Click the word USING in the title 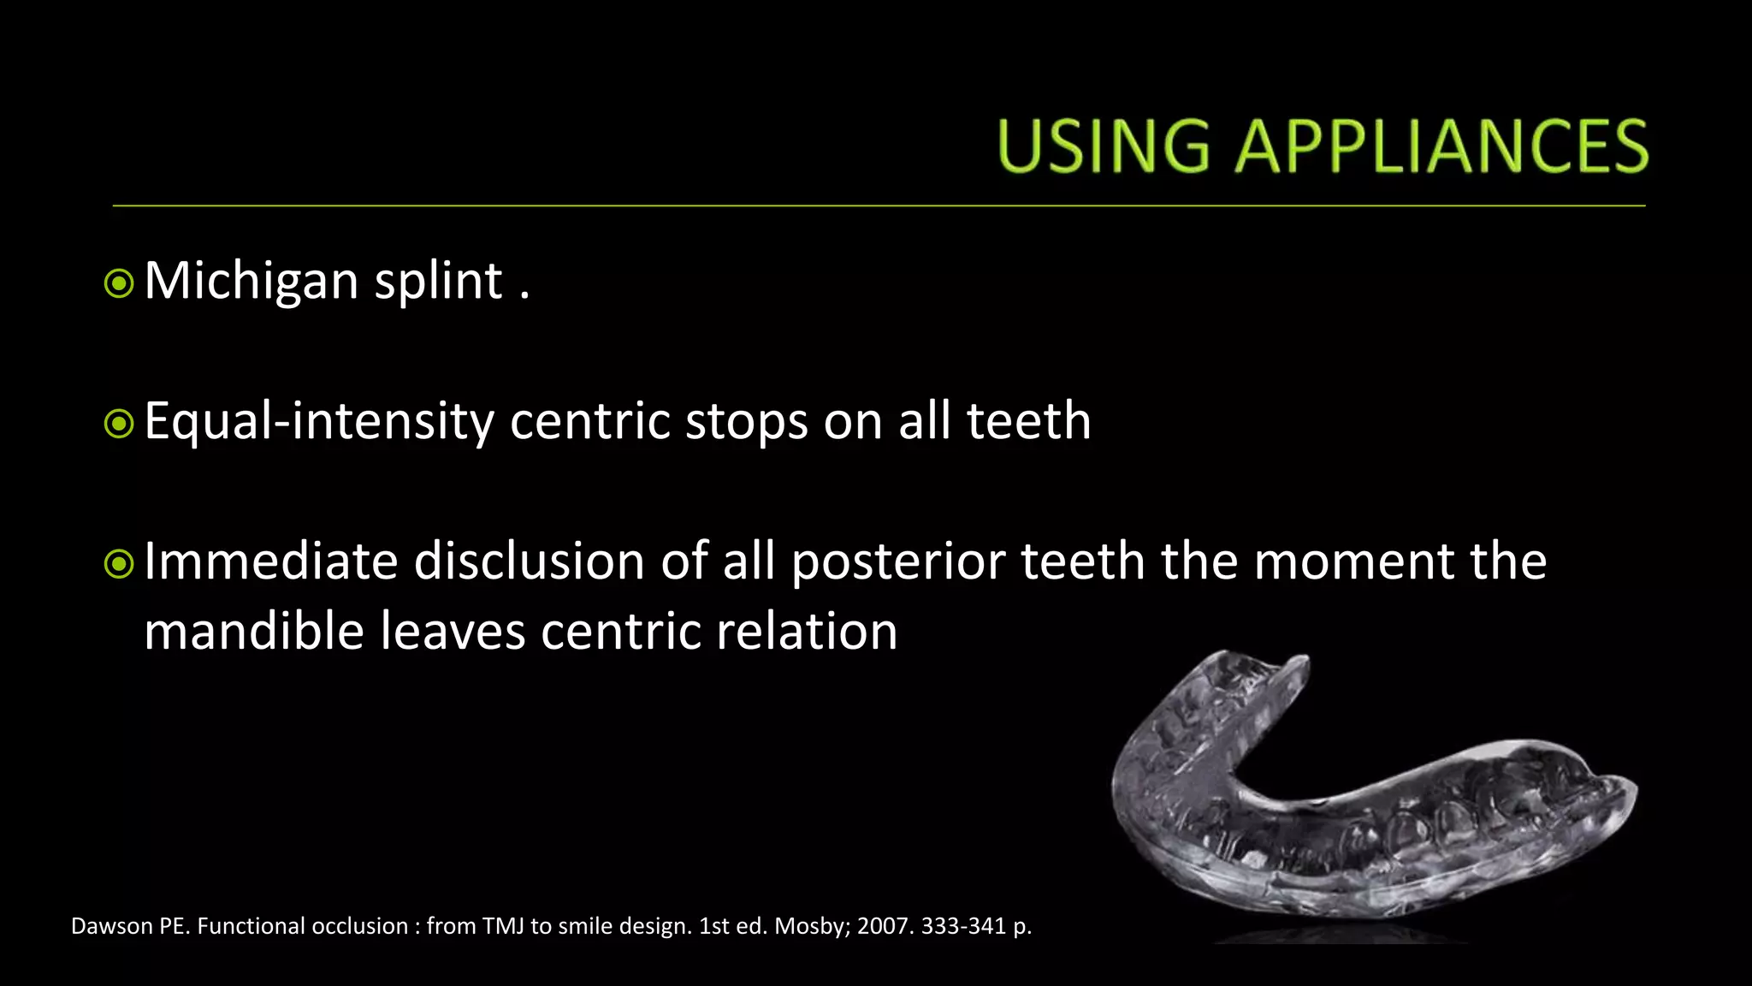click(1104, 146)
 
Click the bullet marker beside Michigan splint click(119, 283)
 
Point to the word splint click(438, 282)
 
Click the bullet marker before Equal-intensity click(119, 424)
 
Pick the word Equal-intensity click(319, 422)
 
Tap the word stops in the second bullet click(747, 422)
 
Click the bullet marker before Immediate click(119, 564)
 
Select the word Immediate click(271, 561)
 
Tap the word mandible click(254, 632)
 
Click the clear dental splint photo click(1369, 796)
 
